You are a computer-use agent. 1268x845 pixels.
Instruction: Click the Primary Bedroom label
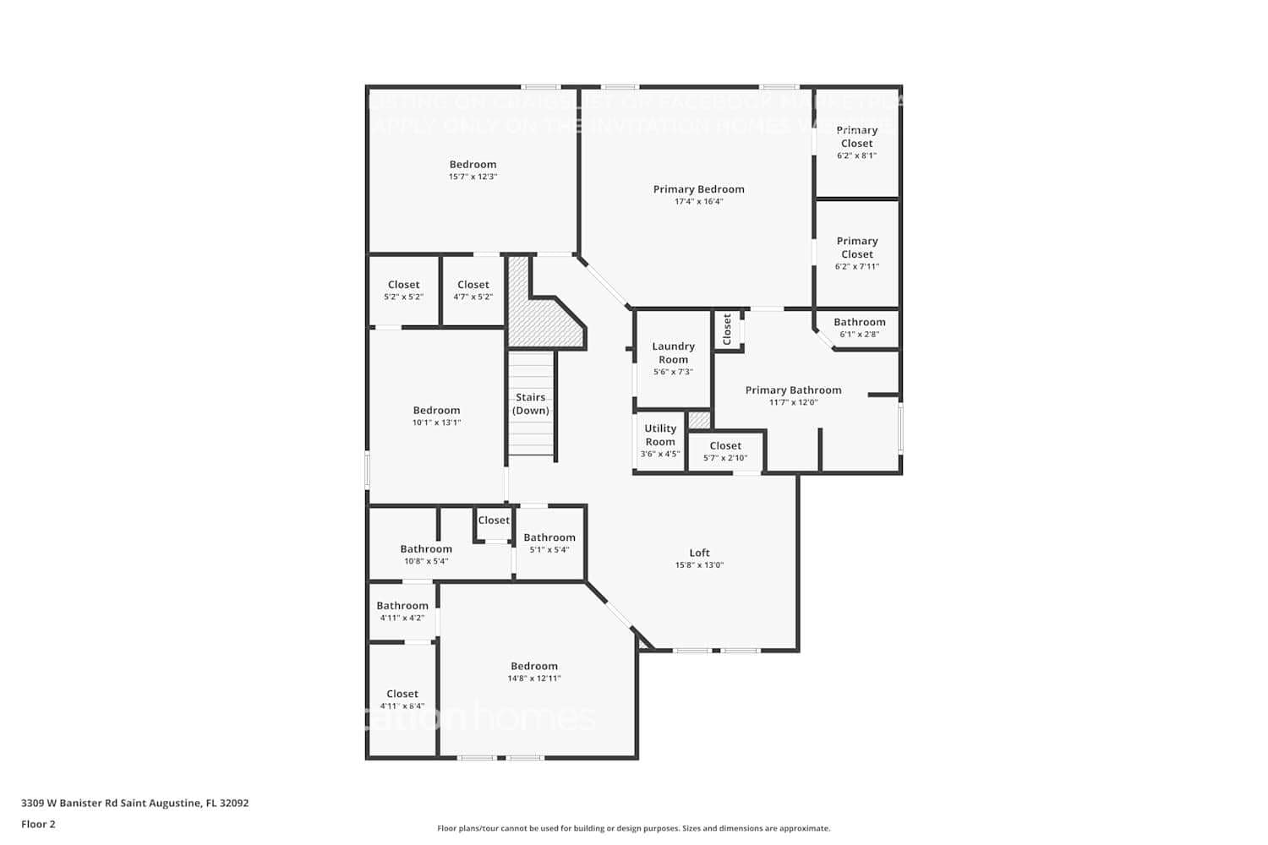[x=698, y=189]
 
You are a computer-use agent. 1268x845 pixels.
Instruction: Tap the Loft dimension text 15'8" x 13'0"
[x=699, y=565]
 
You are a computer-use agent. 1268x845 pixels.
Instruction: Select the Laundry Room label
[x=673, y=352]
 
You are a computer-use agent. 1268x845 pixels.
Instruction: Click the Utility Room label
[x=660, y=434]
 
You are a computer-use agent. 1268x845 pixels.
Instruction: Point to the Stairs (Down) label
[x=531, y=404]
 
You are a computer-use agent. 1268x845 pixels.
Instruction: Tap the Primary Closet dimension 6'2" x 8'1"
[x=856, y=155]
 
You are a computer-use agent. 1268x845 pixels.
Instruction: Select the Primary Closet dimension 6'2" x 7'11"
[x=856, y=266]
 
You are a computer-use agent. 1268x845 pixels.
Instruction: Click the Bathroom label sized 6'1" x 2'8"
[x=859, y=322]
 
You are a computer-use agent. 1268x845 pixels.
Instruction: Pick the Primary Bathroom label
[x=793, y=390]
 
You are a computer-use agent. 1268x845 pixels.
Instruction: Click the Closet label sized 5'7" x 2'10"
[x=725, y=445]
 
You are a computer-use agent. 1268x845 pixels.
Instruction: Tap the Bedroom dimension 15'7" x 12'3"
[x=473, y=177]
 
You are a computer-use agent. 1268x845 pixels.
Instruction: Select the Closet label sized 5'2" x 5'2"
[x=403, y=285]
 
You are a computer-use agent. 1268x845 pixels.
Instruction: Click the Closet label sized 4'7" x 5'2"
[x=473, y=285]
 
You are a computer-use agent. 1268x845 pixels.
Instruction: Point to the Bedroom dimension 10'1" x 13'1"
[x=436, y=422]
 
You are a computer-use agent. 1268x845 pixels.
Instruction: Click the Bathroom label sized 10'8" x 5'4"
[x=426, y=548]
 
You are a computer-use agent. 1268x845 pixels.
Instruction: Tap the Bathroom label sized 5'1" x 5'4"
[x=549, y=537]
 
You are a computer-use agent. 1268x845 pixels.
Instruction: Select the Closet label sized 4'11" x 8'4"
[x=402, y=694]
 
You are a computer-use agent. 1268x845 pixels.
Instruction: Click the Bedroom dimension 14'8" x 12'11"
[x=533, y=679]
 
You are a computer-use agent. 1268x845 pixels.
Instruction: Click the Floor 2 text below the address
[x=38, y=824]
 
